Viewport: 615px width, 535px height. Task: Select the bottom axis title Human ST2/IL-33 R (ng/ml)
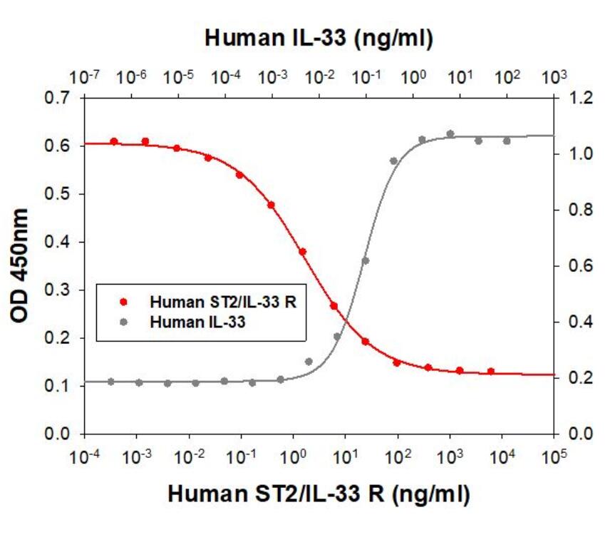pyautogui.click(x=319, y=494)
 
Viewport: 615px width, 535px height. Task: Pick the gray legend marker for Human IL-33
pyautogui.click(x=123, y=322)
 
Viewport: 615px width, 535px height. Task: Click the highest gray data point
pyautogui.click(x=450, y=134)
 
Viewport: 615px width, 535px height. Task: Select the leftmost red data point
pyautogui.click(x=114, y=141)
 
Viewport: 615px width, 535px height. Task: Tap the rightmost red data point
pyautogui.click(x=491, y=372)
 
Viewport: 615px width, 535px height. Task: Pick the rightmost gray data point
pyautogui.click(x=507, y=141)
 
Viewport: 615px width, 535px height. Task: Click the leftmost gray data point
pyautogui.click(x=111, y=382)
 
